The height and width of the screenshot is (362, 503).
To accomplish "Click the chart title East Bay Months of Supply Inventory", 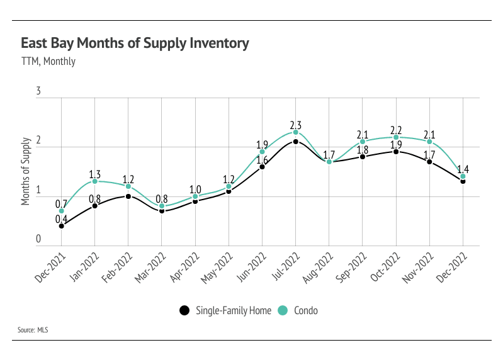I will pyautogui.click(x=135, y=43).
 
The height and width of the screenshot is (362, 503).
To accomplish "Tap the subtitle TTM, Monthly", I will pyautogui.click(x=48, y=61).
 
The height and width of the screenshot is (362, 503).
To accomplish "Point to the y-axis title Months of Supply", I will pyautogui.click(x=26, y=170).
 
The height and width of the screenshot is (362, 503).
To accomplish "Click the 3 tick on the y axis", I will pyautogui.click(x=38, y=92).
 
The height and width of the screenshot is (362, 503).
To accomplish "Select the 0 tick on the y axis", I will pyautogui.click(x=38, y=239).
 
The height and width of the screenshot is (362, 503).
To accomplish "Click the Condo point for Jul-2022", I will pyautogui.click(x=295, y=132).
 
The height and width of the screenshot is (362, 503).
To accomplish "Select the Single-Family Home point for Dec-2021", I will pyautogui.click(x=61, y=225).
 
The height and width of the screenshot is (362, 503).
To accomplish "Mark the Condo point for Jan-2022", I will pyautogui.click(x=94, y=181).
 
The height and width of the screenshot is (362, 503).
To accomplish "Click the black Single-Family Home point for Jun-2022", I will pyautogui.click(x=262, y=167).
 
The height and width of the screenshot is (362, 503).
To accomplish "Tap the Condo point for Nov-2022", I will pyautogui.click(x=429, y=142).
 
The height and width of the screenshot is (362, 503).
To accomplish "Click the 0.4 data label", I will pyautogui.click(x=61, y=218).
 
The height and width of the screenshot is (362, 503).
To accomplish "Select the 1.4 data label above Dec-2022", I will pyautogui.click(x=463, y=169).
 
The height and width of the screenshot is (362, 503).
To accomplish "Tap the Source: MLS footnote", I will pyautogui.click(x=34, y=330).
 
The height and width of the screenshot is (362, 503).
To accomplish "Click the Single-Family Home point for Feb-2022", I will pyautogui.click(x=128, y=196).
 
